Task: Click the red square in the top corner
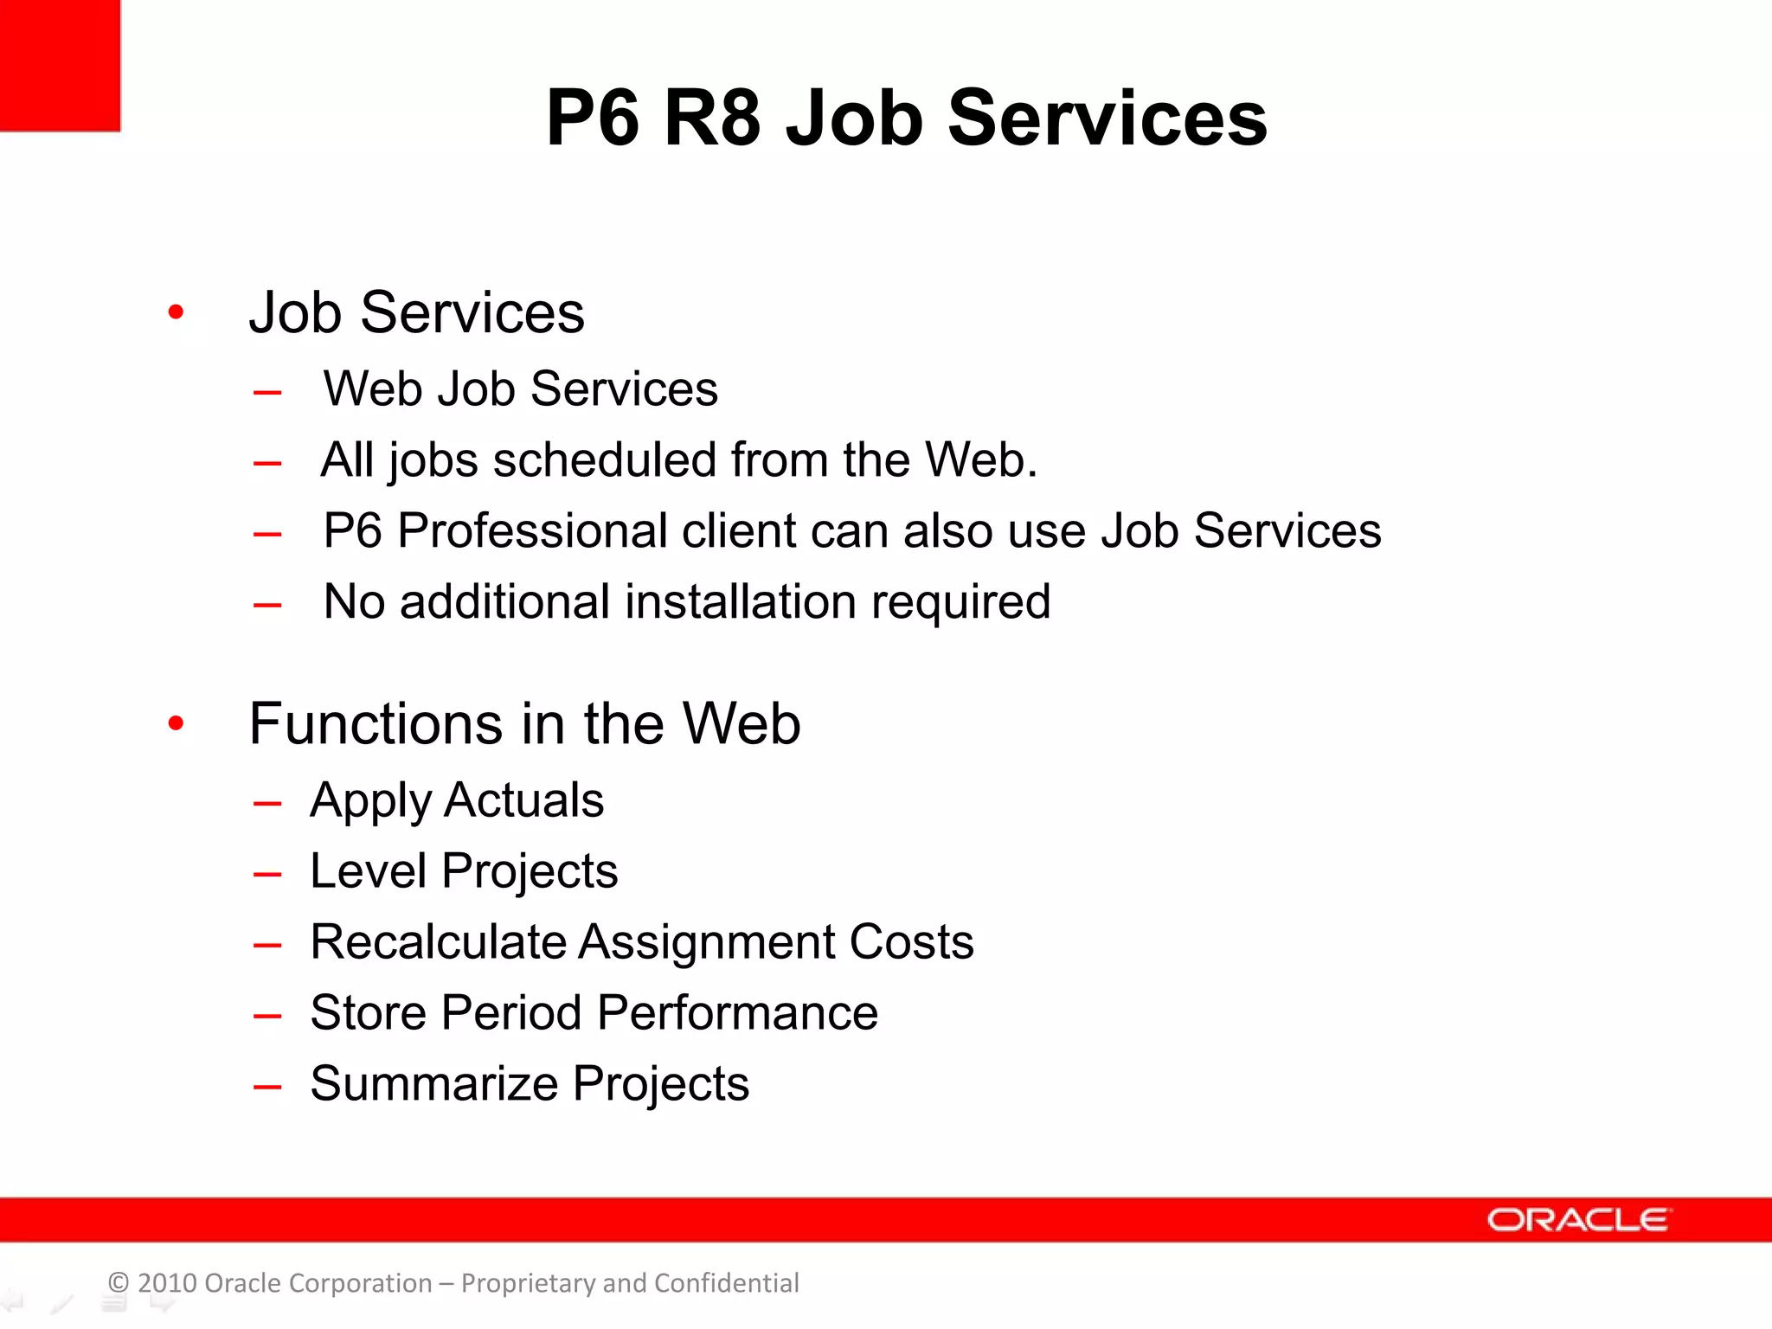point(59,64)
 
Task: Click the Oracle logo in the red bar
point(1578,1220)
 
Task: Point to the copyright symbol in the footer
point(119,1283)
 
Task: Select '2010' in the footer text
point(167,1283)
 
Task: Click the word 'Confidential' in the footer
point(726,1283)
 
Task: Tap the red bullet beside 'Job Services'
point(176,312)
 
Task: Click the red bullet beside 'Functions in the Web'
point(176,723)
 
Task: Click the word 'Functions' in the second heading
point(376,723)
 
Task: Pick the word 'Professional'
point(532,530)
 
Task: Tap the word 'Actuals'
point(523,799)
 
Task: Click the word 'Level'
point(368,870)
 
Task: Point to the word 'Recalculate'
point(438,941)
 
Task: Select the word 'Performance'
point(737,1012)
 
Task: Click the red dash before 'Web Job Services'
point(267,393)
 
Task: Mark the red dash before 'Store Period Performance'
point(267,1017)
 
